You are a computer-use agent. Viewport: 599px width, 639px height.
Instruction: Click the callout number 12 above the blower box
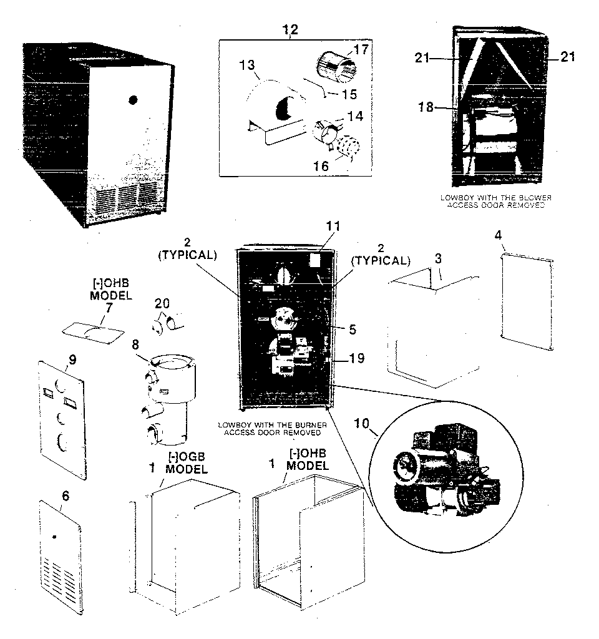[x=291, y=29]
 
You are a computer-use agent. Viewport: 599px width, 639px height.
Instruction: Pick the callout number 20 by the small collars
[x=162, y=302]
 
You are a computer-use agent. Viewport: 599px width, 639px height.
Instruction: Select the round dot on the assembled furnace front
[x=133, y=99]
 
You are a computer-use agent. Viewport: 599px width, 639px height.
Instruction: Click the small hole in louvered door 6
[x=56, y=537]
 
